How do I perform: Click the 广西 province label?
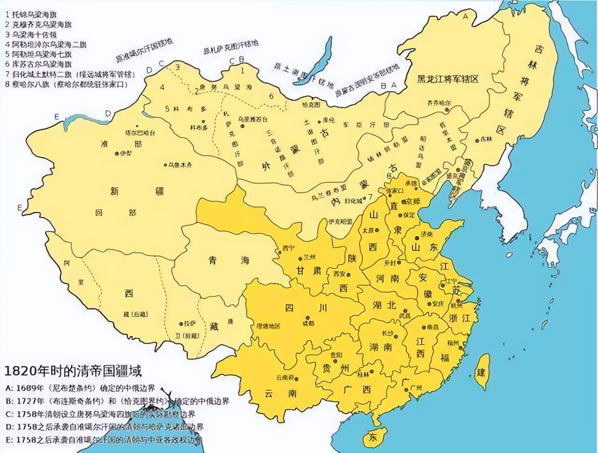coord(357,389)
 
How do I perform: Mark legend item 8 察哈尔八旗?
coord(65,85)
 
